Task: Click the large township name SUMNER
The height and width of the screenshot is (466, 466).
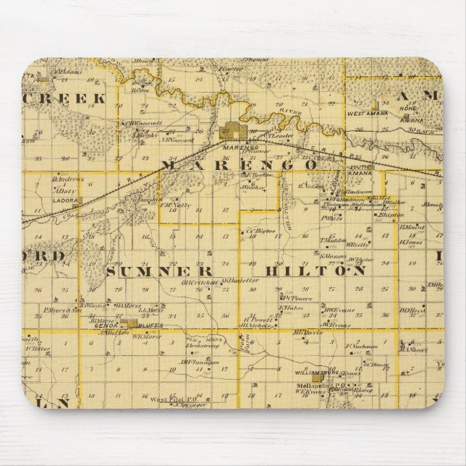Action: pos(159,271)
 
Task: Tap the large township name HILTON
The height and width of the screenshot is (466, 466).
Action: pos(315,271)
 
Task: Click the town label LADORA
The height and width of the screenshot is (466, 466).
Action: pos(65,200)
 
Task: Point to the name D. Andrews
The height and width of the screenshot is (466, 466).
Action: pos(68,179)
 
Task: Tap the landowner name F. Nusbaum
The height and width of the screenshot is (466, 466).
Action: pos(362,346)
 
